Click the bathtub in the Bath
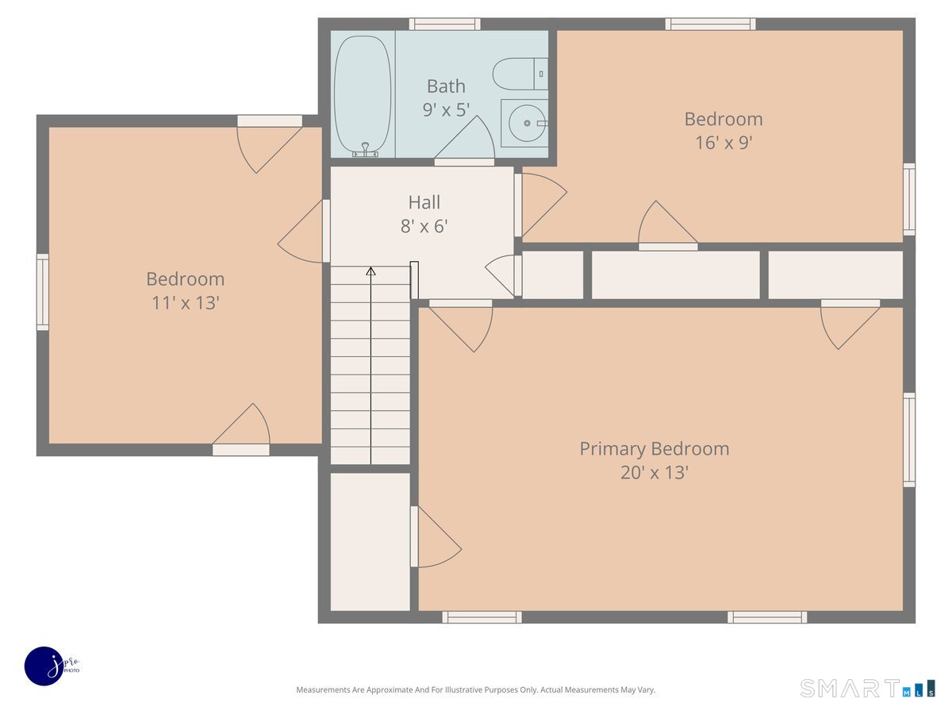pyautogui.click(x=363, y=96)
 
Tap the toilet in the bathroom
pyautogui.click(x=520, y=74)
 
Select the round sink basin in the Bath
pyautogui.click(x=527, y=123)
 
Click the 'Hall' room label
pyautogui.click(x=424, y=202)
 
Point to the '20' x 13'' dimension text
pyautogui.click(x=654, y=473)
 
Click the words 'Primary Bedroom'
pyautogui.click(x=654, y=449)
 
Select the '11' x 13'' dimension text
pyautogui.click(x=185, y=303)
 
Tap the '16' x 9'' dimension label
pyautogui.click(x=724, y=143)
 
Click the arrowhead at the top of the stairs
pyautogui.click(x=370, y=271)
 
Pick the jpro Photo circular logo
pyautogui.click(x=44, y=666)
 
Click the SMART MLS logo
pyautogui.click(x=867, y=688)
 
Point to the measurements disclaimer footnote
pyautogui.click(x=475, y=689)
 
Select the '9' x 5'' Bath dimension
pyautogui.click(x=446, y=109)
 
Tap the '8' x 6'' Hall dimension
pyautogui.click(x=424, y=226)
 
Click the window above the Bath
pyautogui.click(x=444, y=24)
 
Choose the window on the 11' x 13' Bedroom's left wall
pyautogui.click(x=43, y=292)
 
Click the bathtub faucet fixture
pyautogui.click(x=365, y=150)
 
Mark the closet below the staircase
pyautogui.click(x=370, y=542)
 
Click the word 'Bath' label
pyautogui.click(x=446, y=86)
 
